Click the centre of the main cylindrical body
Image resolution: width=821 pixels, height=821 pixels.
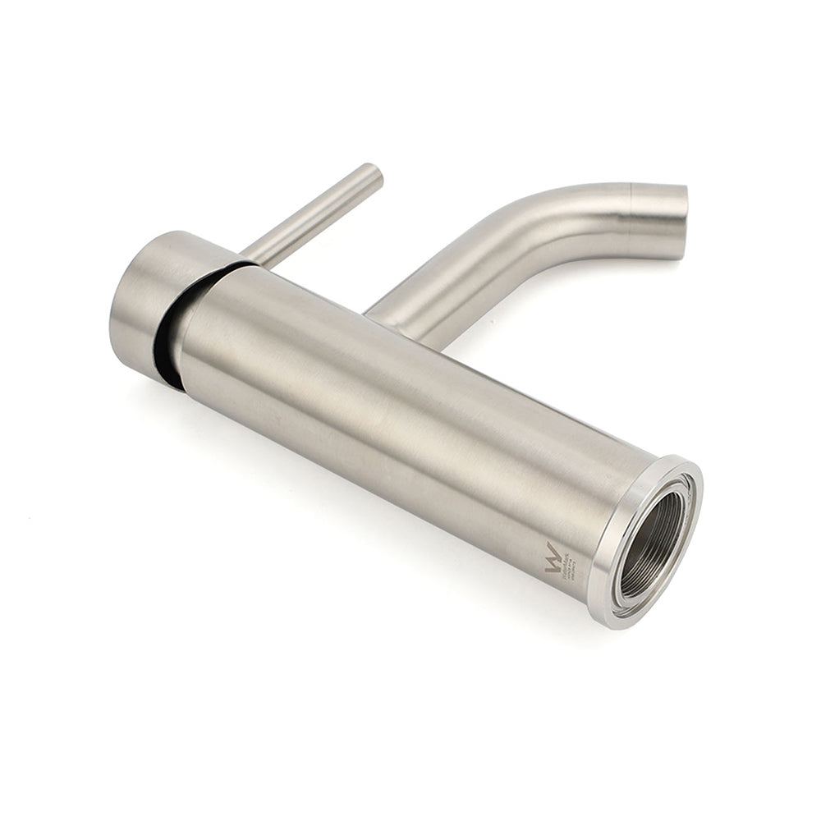click(394, 410)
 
